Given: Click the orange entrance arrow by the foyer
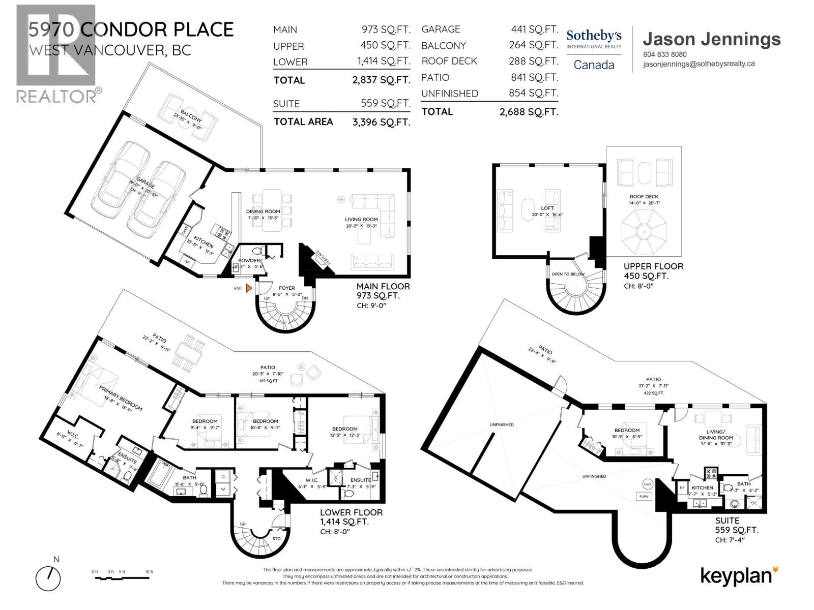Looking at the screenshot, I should pyautogui.click(x=249, y=288).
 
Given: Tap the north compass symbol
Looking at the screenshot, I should pyautogui.click(x=48, y=578).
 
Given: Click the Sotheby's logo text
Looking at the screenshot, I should pyautogui.click(x=594, y=36).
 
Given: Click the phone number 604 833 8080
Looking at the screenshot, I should pyautogui.click(x=664, y=54).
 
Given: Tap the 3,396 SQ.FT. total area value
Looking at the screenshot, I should pyautogui.click(x=381, y=122).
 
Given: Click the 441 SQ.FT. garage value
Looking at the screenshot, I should pyautogui.click(x=534, y=29).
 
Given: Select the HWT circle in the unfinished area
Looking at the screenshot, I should pyautogui.click(x=648, y=484).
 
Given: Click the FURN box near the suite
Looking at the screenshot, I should pyautogui.click(x=644, y=496).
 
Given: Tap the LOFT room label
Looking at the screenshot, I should pyautogui.click(x=547, y=208).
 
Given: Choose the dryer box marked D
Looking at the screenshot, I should pyautogui.click(x=223, y=477).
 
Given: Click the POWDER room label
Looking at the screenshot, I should pyautogui.click(x=249, y=261).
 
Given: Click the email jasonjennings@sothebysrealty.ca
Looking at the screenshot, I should pyautogui.click(x=699, y=64).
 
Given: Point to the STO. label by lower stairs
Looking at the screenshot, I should pyautogui.click(x=276, y=538).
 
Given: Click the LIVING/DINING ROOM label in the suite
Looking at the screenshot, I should pyautogui.click(x=715, y=434).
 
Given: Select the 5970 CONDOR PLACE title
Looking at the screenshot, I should pyautogui.click(x=131, y=29).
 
